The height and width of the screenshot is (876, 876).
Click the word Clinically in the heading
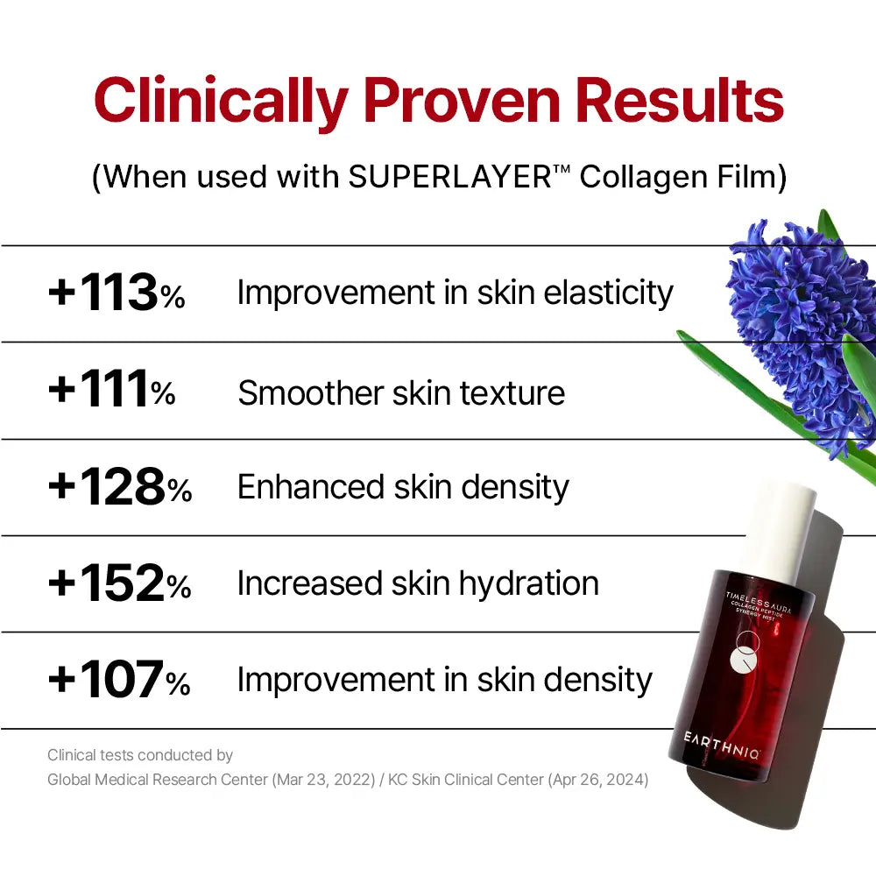coord(222,102)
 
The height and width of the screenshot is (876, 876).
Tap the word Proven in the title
coord(463,101)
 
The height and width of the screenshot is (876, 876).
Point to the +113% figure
coord(117,293)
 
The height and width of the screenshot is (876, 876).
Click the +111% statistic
coord(112,389)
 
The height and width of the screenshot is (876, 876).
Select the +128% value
coord(120,486)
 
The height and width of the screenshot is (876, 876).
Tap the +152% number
coord(119,583)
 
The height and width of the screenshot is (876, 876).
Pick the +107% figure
coord(119,680)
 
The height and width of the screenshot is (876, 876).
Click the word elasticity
coord(609,293)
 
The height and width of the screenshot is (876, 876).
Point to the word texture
coord(512,392)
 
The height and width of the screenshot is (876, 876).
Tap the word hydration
coord(529,583)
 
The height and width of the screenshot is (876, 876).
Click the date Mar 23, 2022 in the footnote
coord(323,780)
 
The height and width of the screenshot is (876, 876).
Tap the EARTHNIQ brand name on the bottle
coord(722,745)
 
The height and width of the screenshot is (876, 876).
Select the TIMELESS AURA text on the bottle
coord(759,602)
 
